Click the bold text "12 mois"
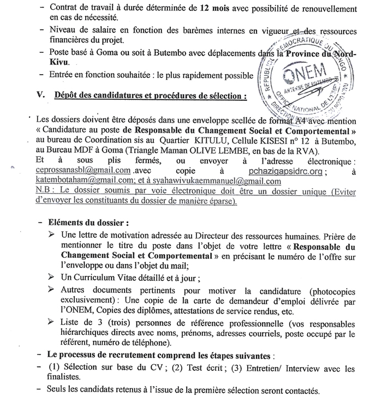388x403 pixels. tap(200, 8)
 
